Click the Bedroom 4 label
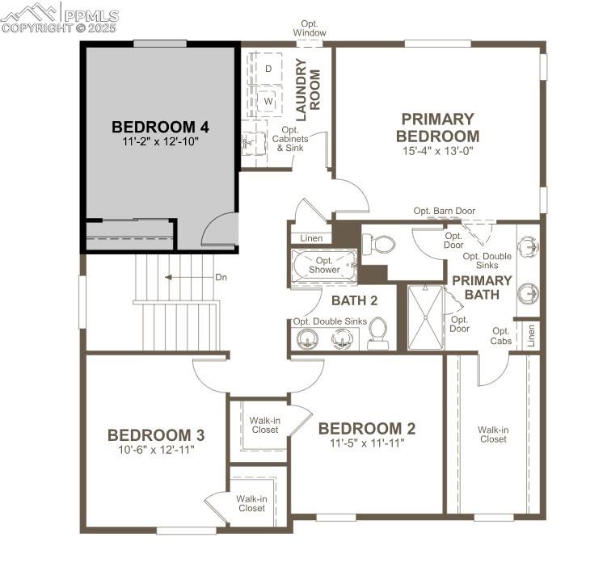[160, 127]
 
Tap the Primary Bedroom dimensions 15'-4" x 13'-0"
[437, 150]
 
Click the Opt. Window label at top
[310, 28]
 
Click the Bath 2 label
[354, 301]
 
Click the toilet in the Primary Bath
[380, 243]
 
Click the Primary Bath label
[482, 287]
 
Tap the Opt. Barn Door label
[445, 212]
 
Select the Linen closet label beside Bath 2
[311, 238]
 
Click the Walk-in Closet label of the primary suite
[493, 434]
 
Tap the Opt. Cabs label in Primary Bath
[501, 336]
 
